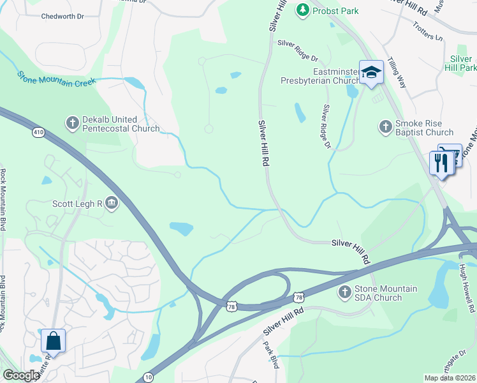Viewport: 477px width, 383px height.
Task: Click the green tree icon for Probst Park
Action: point(302,10)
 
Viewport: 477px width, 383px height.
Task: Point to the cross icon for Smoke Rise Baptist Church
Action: point(385,127)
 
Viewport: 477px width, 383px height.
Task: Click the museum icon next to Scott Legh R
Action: point(112,204)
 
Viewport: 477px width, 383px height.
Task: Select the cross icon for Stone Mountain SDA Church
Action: point(345,292)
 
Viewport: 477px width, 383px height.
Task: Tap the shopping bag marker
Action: point(53,341)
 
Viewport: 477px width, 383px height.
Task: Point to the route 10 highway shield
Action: point(148,377)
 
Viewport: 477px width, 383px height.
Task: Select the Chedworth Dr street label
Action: point(62,17)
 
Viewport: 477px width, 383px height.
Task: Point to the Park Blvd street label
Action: point(271,355)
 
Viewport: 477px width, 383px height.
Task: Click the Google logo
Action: point(21,375)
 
